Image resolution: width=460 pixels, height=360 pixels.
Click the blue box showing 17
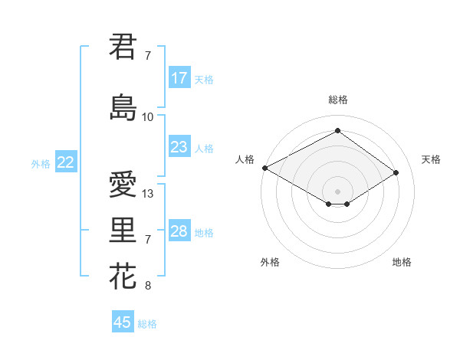point(179,78)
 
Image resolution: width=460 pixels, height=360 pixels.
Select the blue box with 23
point(179,147)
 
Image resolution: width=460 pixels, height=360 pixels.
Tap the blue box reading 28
point(179,231)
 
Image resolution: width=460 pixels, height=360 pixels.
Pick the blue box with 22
point(66,162)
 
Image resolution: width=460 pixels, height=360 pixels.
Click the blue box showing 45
point(123,322)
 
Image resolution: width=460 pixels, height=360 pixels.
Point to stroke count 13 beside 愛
point(148,194)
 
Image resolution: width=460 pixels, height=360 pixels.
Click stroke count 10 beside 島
point(148,117)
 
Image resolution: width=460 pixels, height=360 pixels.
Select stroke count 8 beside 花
point(148,286)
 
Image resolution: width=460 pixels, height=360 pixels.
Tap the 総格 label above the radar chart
point(337,100)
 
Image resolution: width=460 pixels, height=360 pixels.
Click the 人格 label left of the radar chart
point(245,159)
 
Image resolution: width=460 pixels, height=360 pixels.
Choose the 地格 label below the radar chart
point(402,263)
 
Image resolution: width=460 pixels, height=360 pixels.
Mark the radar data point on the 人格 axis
point(264,167)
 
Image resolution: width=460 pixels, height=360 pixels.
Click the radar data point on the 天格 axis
point(396,172)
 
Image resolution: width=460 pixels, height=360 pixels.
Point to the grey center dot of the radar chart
point(337,191)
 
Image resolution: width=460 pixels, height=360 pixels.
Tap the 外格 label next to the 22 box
point(41,163)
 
